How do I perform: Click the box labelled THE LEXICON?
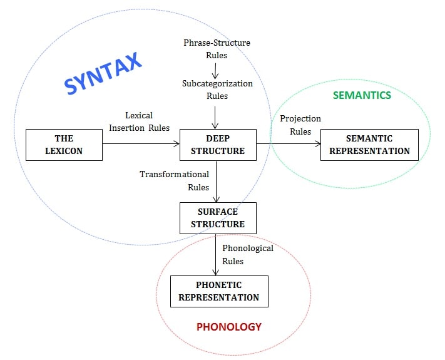coord(64,145)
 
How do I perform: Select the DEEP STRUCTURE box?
coord(218,145)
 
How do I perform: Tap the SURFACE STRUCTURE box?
coord(217,218)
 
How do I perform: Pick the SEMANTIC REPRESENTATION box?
coord(369,145)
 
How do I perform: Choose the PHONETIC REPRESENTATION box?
coord(219,291)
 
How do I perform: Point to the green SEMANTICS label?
coord(362,95)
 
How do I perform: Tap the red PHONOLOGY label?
coord(228,327)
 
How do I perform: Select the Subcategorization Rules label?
coord(217,90)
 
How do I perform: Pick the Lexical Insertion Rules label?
coord(139,121)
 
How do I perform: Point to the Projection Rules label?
coord(300,125)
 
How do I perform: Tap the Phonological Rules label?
coord(248,254)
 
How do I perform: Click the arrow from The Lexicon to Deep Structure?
coord(141,145)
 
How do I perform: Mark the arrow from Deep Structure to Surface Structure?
coord(215,181)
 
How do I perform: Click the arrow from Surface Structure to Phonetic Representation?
coord(215,254)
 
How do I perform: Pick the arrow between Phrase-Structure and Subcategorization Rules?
coord(215,69)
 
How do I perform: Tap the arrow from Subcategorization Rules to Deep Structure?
coord(215,116)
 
